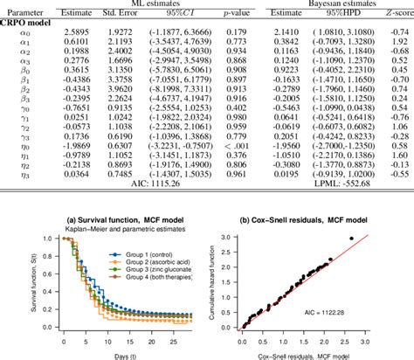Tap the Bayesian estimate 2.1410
[289, 31]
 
